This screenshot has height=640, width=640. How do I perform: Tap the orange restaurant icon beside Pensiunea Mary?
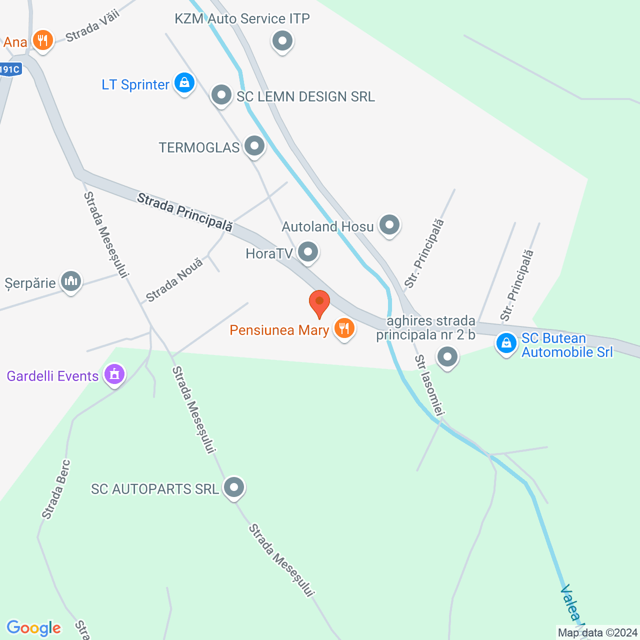[x=344, y=329]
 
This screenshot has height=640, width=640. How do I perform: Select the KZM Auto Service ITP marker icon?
[x=282, y=40]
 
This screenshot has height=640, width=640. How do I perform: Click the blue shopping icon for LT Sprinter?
[x=184, y=82]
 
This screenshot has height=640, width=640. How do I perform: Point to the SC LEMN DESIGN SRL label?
[x=305, y=96]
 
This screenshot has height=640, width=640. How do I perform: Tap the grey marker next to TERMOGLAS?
[x=255, y=146]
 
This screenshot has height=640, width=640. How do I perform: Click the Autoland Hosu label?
[x=327, y=226]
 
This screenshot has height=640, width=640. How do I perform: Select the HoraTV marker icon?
[x=308, y=251]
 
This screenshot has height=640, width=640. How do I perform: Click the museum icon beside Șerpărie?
[x=71, y=281]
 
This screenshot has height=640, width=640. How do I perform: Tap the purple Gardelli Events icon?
[x=114, y=374]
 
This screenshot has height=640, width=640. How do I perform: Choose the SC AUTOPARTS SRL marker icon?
[x=234, y=487]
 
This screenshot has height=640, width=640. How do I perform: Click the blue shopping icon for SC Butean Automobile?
[x=506, y=343]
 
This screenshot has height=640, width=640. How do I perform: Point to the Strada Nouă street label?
[x=174, y=280]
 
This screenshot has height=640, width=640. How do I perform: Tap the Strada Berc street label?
[x=56, y=489]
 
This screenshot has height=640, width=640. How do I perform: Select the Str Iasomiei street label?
[x=429, y=385]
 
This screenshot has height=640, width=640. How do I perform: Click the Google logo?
[x=34, y=628]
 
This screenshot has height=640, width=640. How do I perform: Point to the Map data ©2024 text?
[x=597, y=633]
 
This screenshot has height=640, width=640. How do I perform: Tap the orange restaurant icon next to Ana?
[x=43, y=40]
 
